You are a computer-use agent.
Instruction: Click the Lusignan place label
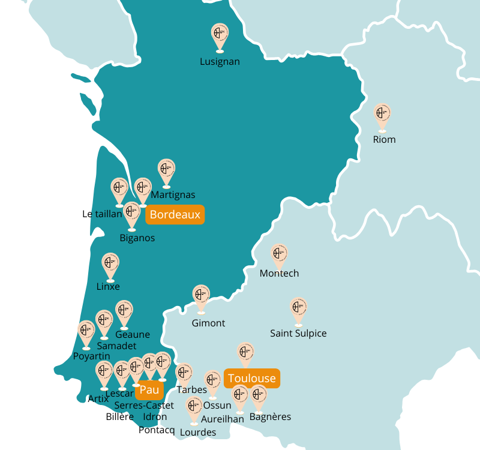pyautogui.click(x=220, y=61)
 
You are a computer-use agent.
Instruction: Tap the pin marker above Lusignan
pyautogui.click(x=220, y=35)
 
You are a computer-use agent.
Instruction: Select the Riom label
pyautogui.click(x=384, y=139)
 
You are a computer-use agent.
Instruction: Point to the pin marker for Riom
pyautogui.click(x=382, y=115)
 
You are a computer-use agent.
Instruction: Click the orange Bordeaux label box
pyautogui.click(x=175, y=214)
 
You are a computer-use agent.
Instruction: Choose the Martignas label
pyautogui.click(x=173, y=194)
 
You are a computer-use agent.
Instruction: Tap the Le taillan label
pyautogui.click(x=102, y=214)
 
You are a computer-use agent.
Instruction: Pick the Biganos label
pyautogui.click(x=137, y=238)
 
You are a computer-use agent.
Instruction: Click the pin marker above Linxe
pyautogui.click(x=110, y=265)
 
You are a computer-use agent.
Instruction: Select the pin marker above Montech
pyautogui.click(x=279, y=256)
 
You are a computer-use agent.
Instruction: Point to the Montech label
pyautogui.click(x=279, y=273)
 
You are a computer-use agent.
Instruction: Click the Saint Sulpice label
pyautogui.click(x=298, y=333)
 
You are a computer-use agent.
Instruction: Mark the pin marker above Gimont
pyautogui.click(x=201, y=298)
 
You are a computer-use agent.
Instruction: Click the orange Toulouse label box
pyautogui.click(x=252, y=378)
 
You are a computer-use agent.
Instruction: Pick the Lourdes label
pyautogui.click(x=197, y=432)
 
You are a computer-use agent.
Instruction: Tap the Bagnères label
pyautogui.click(x=270, y=416)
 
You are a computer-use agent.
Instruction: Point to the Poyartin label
pyautogui.click(x=91, y=356)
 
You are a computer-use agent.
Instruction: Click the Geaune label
pyautogui.click(x=133, y=334)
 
